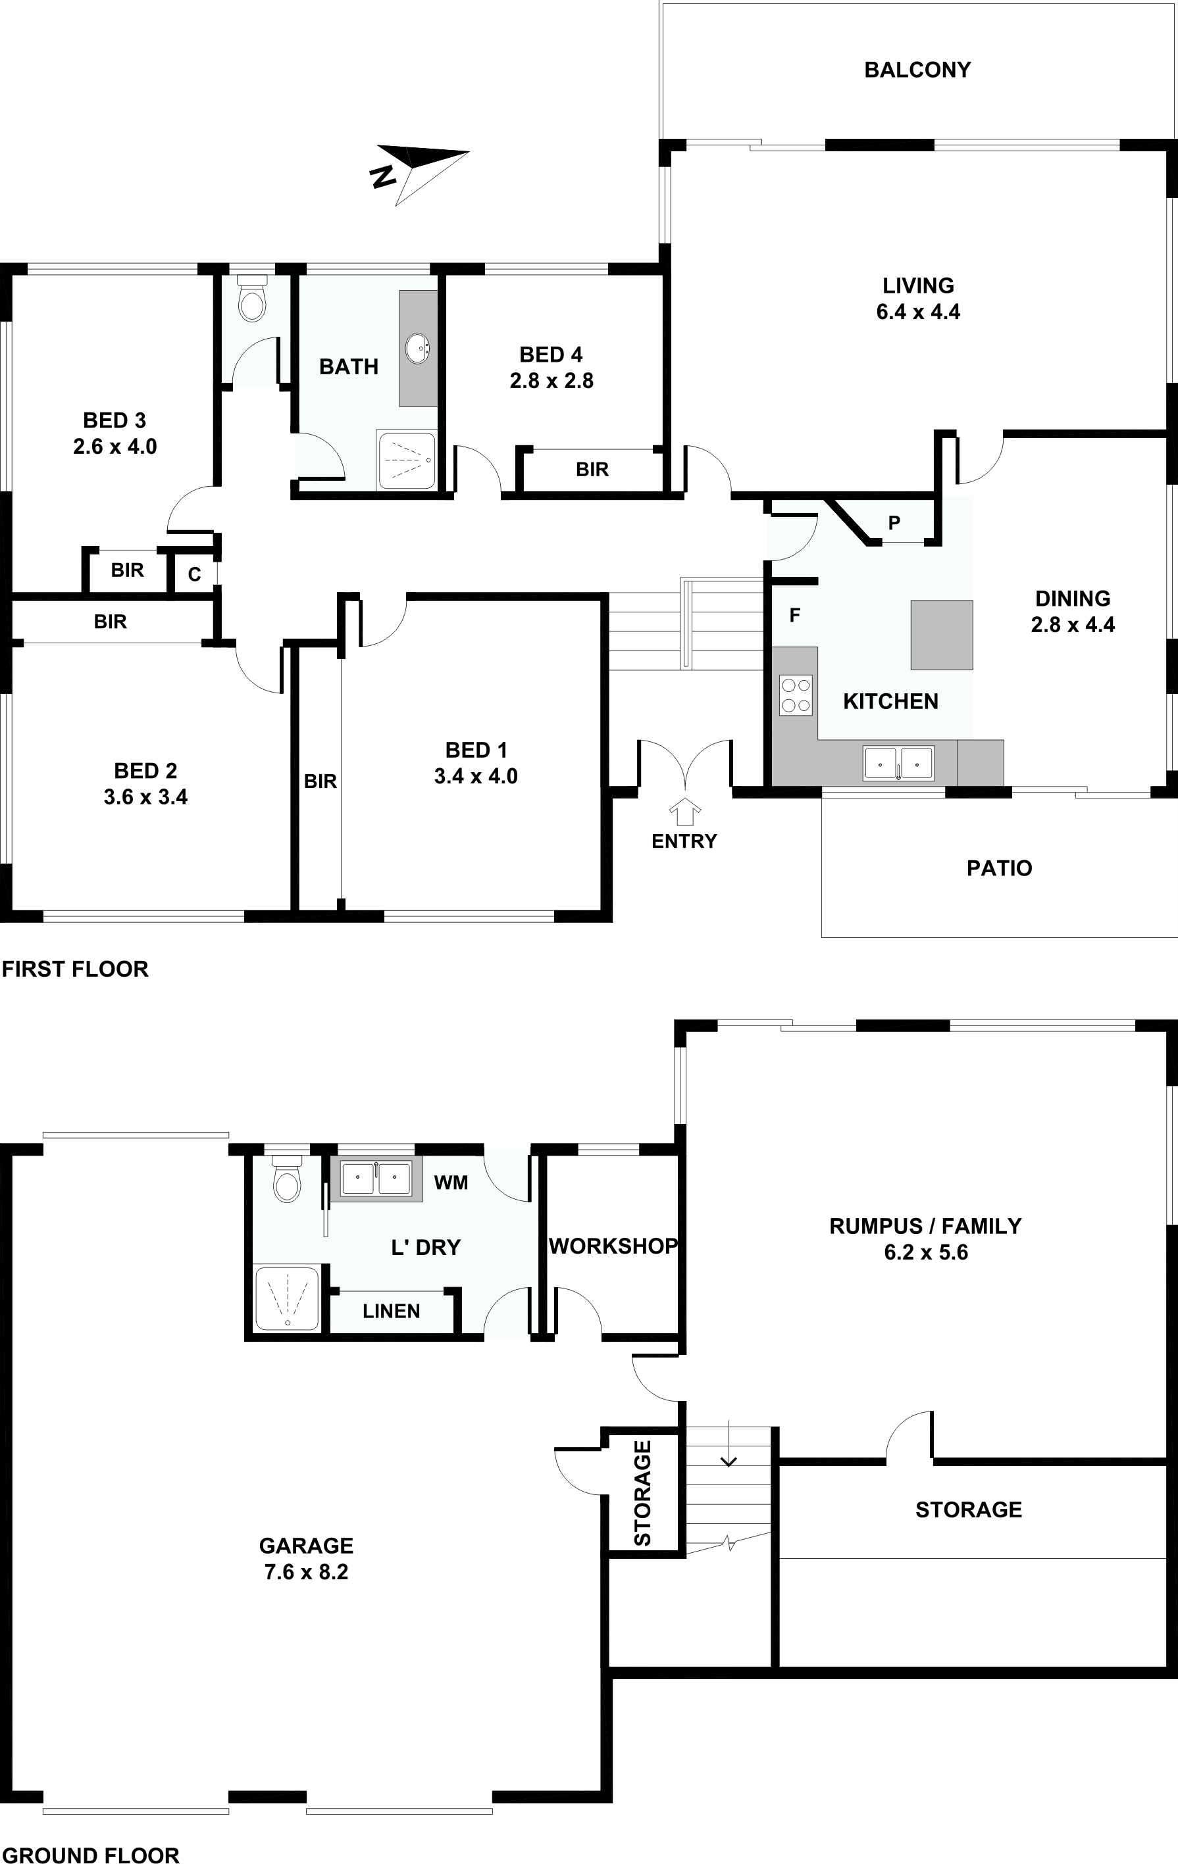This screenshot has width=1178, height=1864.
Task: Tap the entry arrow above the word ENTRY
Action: [684, 813]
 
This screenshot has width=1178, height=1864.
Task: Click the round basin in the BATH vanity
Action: [417, 347]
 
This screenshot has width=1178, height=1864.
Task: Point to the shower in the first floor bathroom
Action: [406, 460]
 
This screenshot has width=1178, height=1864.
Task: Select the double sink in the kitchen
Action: [898, 763]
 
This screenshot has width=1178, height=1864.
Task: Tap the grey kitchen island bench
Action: [942, 635]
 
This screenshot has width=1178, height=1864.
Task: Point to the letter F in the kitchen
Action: [794, 616]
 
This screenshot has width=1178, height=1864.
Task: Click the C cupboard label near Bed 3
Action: [194, 574]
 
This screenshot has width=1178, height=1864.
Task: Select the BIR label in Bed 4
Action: [592, 470]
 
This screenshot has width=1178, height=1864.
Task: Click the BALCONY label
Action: [918, 70]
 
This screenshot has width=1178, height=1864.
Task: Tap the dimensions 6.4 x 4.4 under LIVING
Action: [919, 312]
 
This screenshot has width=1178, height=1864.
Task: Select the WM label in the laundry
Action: [451, 1182]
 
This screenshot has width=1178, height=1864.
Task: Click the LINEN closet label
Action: [391, 1312]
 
